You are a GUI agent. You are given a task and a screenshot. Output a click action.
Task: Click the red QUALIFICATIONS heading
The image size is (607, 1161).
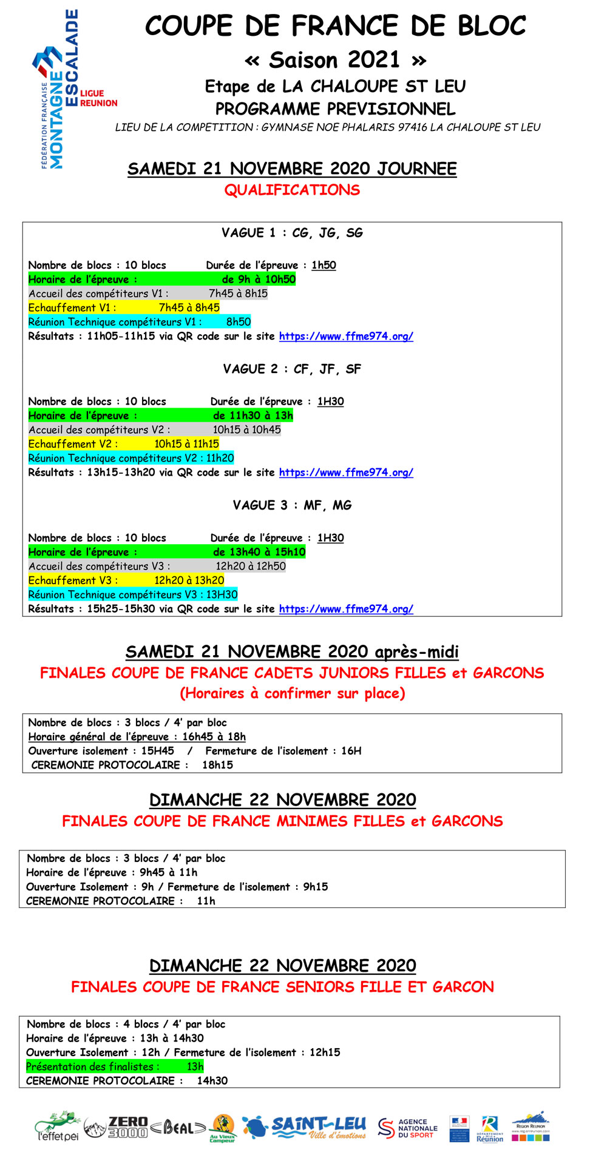(x=292, y=190)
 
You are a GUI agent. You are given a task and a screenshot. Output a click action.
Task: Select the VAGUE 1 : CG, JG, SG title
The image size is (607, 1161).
(x=292, y=233)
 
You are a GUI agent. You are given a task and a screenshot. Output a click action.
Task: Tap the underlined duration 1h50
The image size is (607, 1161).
(x=324, y=265)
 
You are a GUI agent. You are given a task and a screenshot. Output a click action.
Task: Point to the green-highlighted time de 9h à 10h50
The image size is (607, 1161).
(x=259, y=280)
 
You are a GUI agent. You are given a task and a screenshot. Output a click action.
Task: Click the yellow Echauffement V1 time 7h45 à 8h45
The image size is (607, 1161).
(x=189, y=308)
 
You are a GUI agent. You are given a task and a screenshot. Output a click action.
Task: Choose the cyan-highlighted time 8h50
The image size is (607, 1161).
(x=238, y=322)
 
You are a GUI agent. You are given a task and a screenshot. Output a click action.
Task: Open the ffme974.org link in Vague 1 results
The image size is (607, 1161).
(x=346, y=336)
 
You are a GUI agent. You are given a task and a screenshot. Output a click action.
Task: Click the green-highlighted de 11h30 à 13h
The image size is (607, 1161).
(x=253, y=416)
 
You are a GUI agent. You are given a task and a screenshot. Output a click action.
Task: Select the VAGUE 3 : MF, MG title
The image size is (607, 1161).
(x=292, y=505)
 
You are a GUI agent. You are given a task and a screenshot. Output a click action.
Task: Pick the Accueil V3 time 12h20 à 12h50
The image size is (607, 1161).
(x=251, y=566)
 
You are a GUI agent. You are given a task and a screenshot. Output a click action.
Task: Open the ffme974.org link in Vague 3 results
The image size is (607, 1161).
(x=346, y=609)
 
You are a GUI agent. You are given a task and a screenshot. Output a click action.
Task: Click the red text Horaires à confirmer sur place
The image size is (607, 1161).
(x=292, y=693)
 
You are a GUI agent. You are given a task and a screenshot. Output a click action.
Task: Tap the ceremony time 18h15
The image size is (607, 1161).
(x=217, y=765)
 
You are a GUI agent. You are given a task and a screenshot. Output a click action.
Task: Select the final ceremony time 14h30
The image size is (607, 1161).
(x=212, y=1080)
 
